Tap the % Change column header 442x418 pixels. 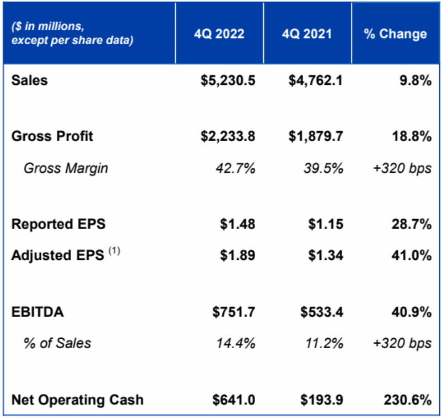coord(396,34)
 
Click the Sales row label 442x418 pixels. coord(30,80)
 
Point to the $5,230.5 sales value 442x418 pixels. coord(228,80)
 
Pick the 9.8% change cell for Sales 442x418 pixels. coord(416,80)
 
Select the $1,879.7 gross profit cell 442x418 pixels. coord(316,137)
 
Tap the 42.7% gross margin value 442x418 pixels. coord(235,169)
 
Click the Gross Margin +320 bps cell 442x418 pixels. coord(401,169)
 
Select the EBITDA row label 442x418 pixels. coord(37,313)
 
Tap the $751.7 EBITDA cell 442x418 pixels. coord(234,313)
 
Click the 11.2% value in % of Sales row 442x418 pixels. coord(324,344)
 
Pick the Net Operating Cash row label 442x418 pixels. coord(77,400)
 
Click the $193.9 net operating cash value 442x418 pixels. coord(322,400)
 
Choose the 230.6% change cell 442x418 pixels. coord(409,400)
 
